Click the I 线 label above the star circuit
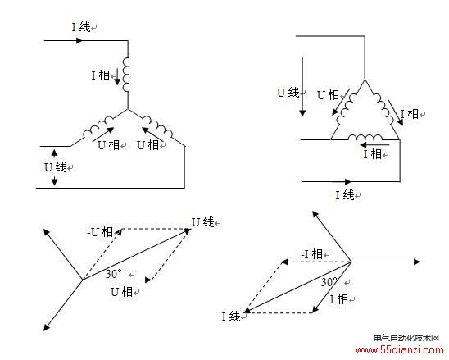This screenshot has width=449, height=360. coord(81,27)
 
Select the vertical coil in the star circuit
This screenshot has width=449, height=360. coord(125,75)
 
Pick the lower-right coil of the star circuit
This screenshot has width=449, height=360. coord(157,126)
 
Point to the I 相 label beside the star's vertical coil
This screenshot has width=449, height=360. coord(101,75)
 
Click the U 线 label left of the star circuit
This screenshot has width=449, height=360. coord(56,167)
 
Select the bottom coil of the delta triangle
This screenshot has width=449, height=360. coord(365,137)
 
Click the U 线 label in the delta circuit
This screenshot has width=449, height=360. coord(288,93)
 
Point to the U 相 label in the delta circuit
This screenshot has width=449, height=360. coord(329,95)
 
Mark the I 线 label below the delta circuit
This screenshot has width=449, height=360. coord(345,195)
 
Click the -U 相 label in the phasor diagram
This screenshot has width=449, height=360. coord(100,232)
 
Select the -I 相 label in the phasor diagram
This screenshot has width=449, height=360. coord(312,254)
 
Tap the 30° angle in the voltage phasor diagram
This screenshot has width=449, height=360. coord(114,274)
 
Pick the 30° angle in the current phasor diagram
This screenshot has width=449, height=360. coord(329,282)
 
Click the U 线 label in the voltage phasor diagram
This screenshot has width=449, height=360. coord(202,222)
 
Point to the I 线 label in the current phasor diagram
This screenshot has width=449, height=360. coord(231,317)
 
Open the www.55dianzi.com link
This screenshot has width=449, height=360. coord(399,350)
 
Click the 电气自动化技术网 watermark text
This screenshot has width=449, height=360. coord(406,338)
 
